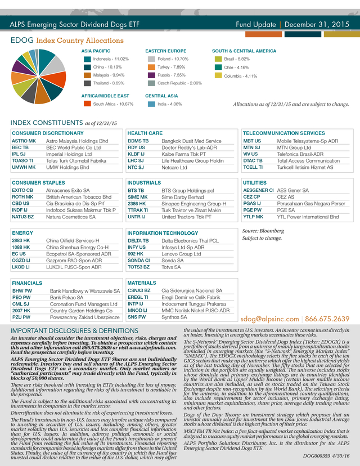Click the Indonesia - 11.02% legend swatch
87,59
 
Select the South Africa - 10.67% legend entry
112,104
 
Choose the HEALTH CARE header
145,133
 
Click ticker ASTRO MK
24,141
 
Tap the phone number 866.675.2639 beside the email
328,319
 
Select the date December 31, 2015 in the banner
316,25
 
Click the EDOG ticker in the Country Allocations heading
22,41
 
